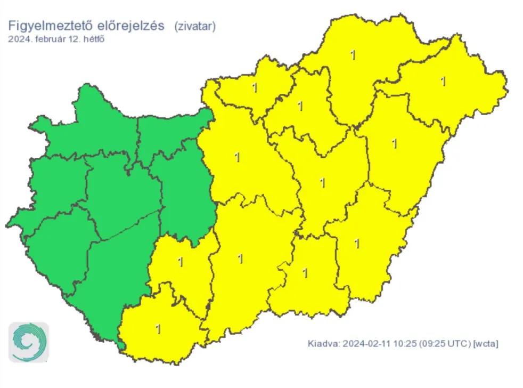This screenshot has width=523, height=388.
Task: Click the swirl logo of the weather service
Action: (x=29, y=342)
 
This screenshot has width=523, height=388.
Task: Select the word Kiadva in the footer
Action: (x=322, y=344)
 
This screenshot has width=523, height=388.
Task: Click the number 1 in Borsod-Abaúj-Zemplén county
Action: (x=352, y=54)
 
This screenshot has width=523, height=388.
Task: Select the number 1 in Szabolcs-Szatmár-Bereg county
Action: (x=443, y=81)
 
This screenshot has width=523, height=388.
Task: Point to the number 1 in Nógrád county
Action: (x=255, y=87)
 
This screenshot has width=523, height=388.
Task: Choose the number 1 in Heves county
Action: (x=300, y=106)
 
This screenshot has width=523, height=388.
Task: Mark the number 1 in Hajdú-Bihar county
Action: (x=394, y=143)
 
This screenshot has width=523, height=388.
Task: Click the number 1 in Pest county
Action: (x=236, y=157)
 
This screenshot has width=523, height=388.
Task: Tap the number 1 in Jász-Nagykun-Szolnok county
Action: (x=322, y=183)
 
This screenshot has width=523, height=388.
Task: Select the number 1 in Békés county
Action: (x=357, y=244)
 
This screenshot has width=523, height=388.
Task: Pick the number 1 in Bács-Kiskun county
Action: (x=240, y=258)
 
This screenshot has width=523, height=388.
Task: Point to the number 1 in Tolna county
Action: (x=181, y=262)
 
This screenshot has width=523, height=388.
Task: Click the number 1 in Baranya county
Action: (x=158, y=329)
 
